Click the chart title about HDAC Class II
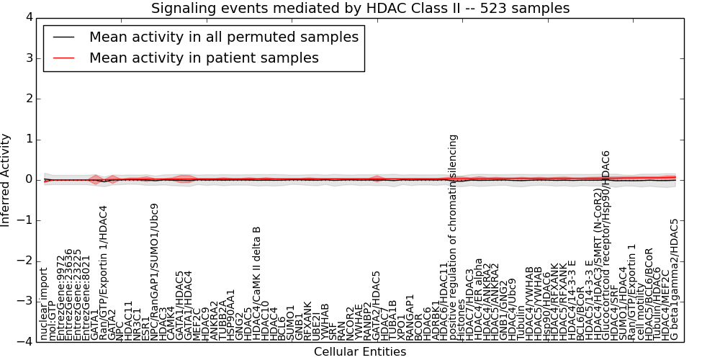coord(360,9)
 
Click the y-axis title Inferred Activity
coord(6,180)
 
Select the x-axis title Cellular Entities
coord(360,352)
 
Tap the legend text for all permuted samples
coord(223,37)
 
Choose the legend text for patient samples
coord(204,58)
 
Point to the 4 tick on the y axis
coord(29,17)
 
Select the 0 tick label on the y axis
coord(29,180)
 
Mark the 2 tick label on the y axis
coord(29,99)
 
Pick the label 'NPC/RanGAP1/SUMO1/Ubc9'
coord(153,277)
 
